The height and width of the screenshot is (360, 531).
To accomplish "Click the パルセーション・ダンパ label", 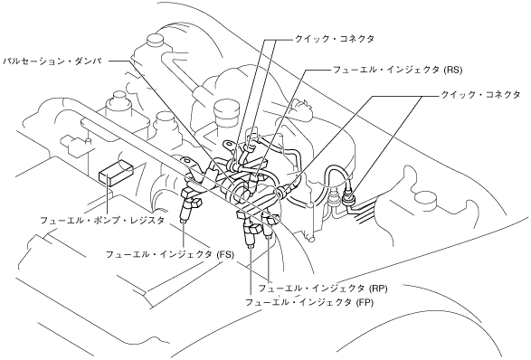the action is (x=52, y=62).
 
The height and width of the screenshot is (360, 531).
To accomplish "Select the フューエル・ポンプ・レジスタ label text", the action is (x=102, y=221).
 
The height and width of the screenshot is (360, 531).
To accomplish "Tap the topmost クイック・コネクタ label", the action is (x=334, y=39).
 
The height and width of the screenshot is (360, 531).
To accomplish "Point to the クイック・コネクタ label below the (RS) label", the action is (x=480, y=95).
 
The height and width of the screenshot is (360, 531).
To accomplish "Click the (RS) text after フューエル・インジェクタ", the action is (x=453, y=71).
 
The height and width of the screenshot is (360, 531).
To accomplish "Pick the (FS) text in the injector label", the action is (x=225, y=254).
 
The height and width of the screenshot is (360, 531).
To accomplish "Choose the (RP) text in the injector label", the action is (x=378, y=289).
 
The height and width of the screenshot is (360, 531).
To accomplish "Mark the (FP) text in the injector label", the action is (x=365, y=302).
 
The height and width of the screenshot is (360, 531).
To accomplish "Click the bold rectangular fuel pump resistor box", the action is (x=116, y=173).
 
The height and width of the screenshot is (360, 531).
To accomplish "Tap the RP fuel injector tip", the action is (x=269, y=236).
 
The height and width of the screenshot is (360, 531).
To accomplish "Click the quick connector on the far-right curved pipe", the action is (x=349, y=197).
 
